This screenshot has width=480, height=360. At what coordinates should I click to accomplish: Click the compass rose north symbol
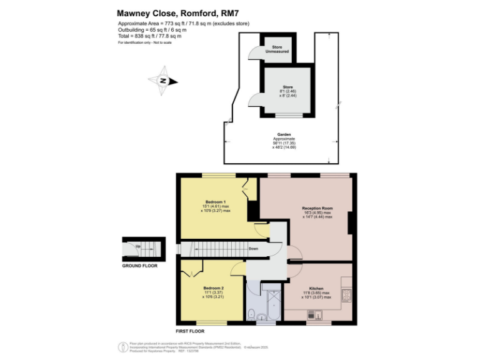click(162, 81)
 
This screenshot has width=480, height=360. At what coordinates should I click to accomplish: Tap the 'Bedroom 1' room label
click(216, 201)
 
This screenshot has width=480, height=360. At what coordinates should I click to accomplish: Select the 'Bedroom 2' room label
click(214, 287)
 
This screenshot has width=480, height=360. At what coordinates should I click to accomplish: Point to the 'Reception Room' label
click(317, 208)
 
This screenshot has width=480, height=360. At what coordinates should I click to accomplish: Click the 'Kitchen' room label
click(316, 288)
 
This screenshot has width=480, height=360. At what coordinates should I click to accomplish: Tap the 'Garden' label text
click(284, 134)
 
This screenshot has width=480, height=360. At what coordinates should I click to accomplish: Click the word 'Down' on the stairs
click(254, 248)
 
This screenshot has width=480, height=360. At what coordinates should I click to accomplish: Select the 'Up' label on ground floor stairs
click(138, 246)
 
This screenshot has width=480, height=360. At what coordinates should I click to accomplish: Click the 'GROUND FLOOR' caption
click(140, 266)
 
